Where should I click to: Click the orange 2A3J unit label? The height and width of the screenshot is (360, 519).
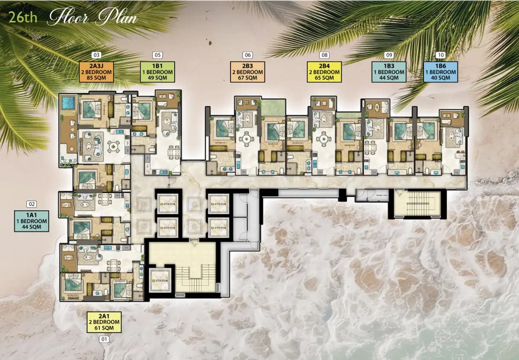click(96, 72)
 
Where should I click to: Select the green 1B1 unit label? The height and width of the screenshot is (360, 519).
click(157, 72)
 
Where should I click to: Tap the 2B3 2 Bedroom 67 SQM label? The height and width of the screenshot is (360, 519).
click(248, 72)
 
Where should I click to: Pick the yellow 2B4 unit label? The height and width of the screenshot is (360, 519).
click(324, 72)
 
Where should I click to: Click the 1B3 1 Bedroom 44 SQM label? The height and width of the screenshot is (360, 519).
click(389, 72)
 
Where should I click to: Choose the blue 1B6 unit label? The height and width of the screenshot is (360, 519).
click(441, 72)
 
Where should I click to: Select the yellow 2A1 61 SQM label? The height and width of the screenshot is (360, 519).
click(104, 322)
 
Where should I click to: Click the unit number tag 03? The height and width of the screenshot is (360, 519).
click(96, 55)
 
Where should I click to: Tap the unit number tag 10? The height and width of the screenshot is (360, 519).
click(441, 55)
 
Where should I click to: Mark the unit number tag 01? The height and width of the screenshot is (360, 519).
click(104, 340)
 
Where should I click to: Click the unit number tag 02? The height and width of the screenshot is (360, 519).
click(31, 204)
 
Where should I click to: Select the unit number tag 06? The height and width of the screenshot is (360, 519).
click(248, 55)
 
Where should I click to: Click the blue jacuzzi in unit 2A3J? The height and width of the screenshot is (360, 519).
click(68, 103)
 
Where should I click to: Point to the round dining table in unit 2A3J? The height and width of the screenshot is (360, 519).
click(114, 147)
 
